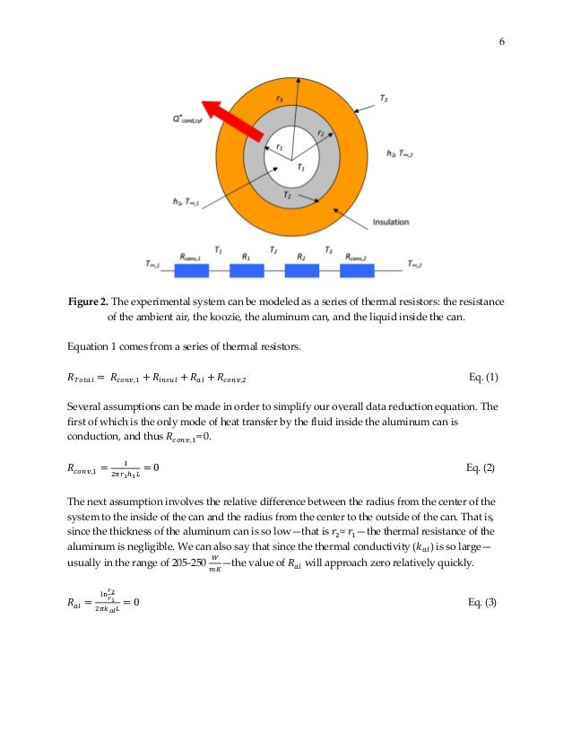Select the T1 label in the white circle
tap(301, 166)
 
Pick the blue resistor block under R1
tap(247, 270)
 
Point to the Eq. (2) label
tap(482, 468)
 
